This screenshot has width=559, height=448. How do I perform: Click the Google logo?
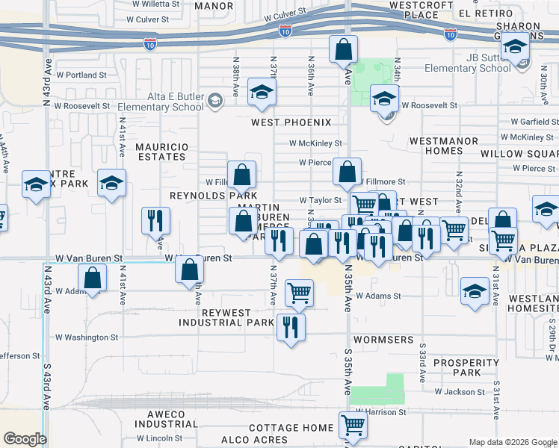pyautogui.click(x=25, y=439)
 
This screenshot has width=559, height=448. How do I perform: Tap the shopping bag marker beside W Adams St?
pyautogui.click(x=93, y=279)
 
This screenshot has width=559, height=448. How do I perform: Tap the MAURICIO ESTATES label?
pyautogui.click(x=161, y=152)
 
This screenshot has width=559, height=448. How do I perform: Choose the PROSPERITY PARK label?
pyautogui.click(x=466, y=367)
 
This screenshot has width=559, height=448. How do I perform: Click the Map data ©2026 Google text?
pyautogui.click(x=512, y=442)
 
